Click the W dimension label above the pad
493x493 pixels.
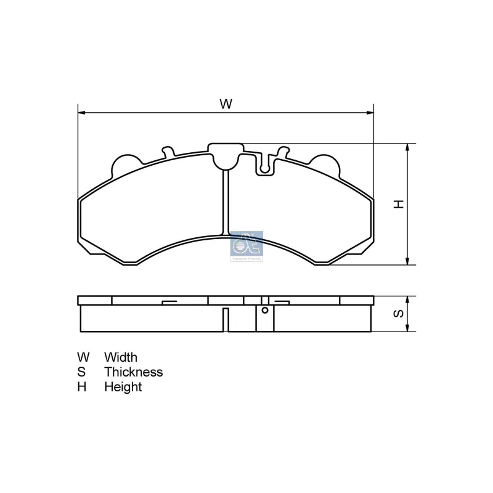coord(226,104)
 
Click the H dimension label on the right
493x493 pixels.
coord(399,204)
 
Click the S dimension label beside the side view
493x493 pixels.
coord(399,314)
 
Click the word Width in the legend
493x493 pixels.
coord(121,357)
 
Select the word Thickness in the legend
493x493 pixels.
coord(134,372)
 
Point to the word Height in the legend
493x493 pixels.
coord(123,387)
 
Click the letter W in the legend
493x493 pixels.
coord(83,357)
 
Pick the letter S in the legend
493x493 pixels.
coord(82,372)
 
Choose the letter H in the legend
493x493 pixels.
coord(82,387)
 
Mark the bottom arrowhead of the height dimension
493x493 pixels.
coord(407,262)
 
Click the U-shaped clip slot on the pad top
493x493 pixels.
coord(266,163)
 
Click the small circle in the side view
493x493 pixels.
coord(264,309)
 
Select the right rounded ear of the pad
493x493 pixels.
coord(325,163)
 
